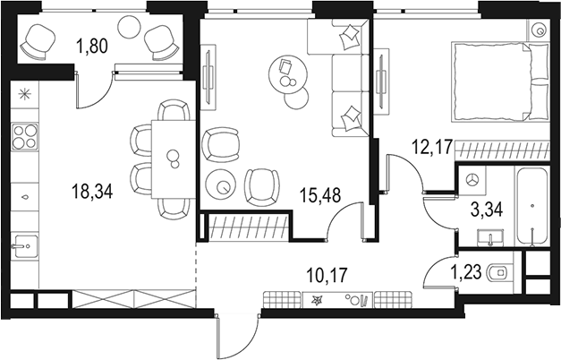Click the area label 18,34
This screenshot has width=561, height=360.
93,189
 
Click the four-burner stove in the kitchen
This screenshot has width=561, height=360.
24,138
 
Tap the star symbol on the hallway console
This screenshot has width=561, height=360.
319,301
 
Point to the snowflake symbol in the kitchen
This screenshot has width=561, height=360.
24,92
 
